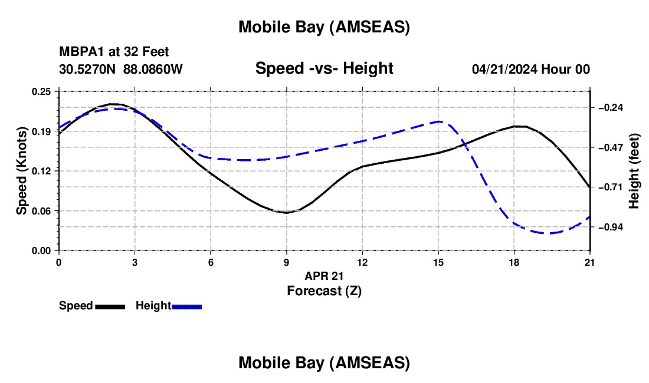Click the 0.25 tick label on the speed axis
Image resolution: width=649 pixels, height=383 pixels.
click(x=42, y=91)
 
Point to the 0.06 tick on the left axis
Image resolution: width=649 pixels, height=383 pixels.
click(x=42, y=211)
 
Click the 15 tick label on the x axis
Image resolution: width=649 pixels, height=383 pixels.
click(x=438, y=262)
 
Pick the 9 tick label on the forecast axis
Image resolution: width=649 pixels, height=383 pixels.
click(x=286, y=262)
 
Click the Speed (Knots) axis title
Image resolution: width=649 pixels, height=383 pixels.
click(x=21, y=171)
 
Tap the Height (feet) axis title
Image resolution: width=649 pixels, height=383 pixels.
click(x=634, y=171)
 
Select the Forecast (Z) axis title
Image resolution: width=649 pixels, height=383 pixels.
click(x=324, y=290)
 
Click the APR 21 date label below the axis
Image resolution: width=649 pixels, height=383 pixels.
click(x=324, y=276)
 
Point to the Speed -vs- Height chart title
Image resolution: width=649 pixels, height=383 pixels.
click(x=324, y=68)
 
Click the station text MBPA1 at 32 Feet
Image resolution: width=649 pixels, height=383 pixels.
click(x=114, y=52)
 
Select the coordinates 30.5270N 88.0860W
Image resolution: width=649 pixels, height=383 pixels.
click(x=121, y=69)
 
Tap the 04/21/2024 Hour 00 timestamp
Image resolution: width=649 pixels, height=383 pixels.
click(x=530, y=69)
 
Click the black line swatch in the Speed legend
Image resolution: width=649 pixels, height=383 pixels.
click(x=110, y=306)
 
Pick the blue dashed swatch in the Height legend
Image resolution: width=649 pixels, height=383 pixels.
click(x=186, y=306)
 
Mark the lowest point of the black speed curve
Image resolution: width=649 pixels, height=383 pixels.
click(x=287, y=213)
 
